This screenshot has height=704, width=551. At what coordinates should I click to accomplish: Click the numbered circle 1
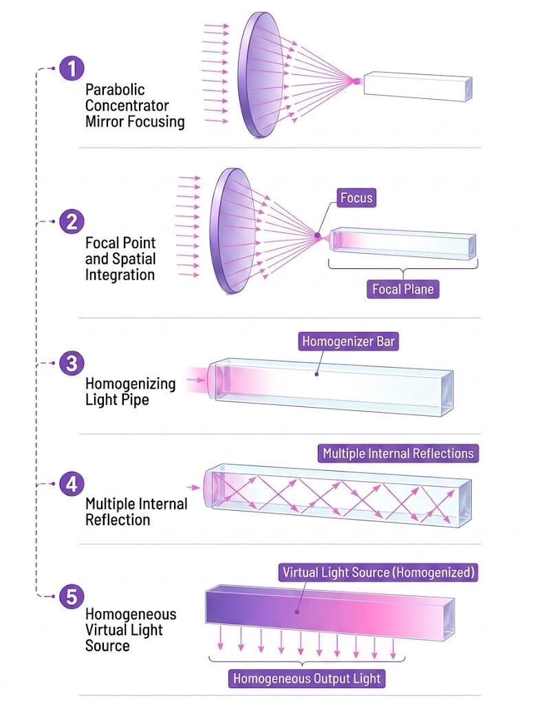(x=72, y=69)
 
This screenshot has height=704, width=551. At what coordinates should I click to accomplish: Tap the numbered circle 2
(x=72, y=222)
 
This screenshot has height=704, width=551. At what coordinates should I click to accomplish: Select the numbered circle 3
(x=72, y=363)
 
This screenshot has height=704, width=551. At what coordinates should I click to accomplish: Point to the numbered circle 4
(x=72, y=484)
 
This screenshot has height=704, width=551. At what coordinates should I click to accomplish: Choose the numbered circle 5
(x=72, y=597)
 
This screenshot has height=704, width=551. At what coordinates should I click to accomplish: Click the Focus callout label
(x=356, y=197)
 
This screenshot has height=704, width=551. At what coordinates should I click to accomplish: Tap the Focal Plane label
(x=403, y=289)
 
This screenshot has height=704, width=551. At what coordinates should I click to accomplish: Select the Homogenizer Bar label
(x=349, y=341)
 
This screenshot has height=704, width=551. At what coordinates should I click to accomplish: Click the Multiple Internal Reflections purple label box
(x=398, y=454)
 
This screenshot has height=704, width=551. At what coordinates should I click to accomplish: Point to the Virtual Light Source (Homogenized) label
(x=378, y=573)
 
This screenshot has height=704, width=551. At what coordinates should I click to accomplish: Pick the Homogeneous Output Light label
(x=307, y=678)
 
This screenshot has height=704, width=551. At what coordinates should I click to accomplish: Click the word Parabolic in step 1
(x=115, y=90)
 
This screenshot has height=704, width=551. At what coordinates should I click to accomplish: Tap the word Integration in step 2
(x=120, y=275)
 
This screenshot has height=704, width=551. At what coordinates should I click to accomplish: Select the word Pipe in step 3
(x=134, y=399)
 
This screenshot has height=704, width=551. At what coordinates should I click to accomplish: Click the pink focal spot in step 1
(x=356, y=81)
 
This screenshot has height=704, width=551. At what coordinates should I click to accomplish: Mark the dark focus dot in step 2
(x=318, y=235)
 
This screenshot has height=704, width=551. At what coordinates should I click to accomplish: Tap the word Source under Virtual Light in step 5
(x=107, y=646)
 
